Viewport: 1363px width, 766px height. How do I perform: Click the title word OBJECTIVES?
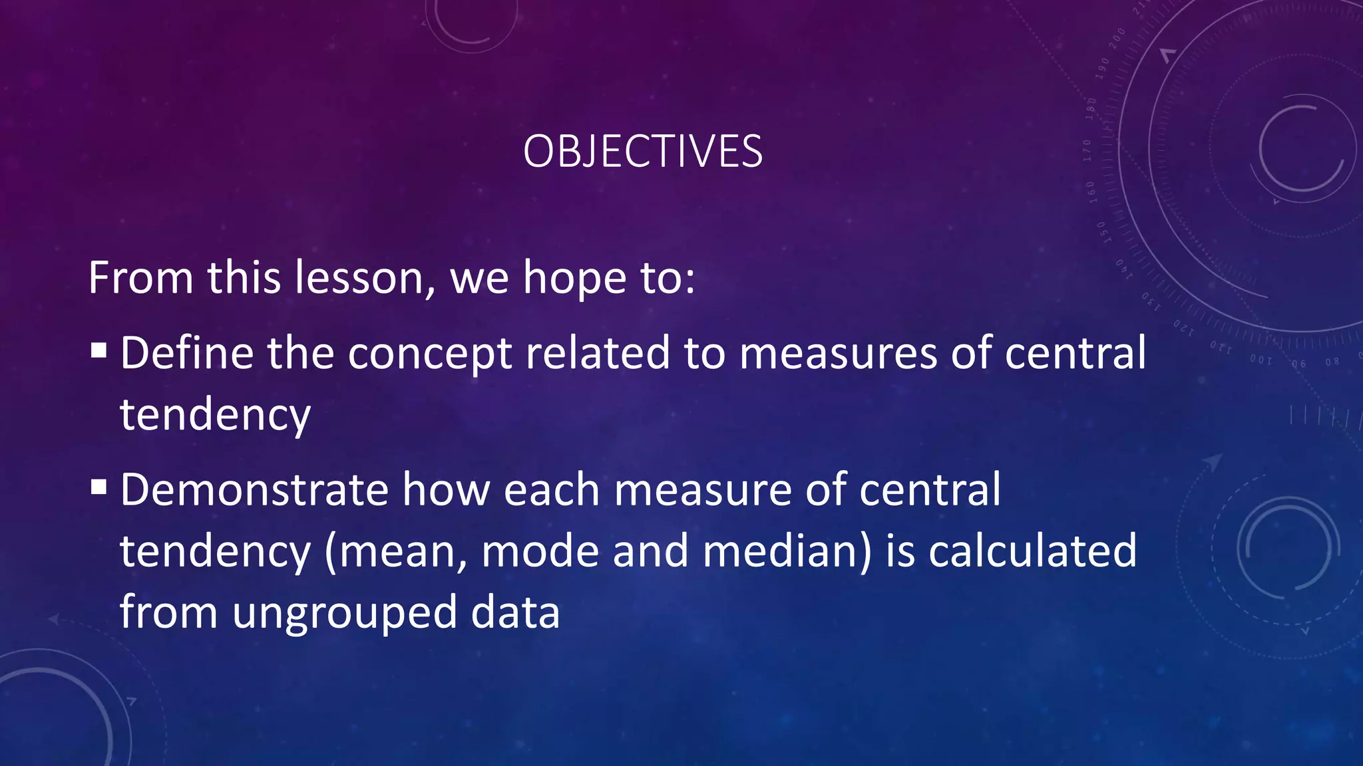pos(642,152)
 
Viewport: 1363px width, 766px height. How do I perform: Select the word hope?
pos(574,279)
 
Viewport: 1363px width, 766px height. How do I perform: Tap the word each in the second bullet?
pos(552,490)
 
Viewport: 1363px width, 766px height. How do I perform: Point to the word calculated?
pos(1032,552)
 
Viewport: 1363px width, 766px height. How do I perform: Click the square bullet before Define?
pos(99,350)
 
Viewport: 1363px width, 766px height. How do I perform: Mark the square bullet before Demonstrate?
pos(99,487)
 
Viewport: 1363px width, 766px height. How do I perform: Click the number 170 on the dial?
pos(1087,151)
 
